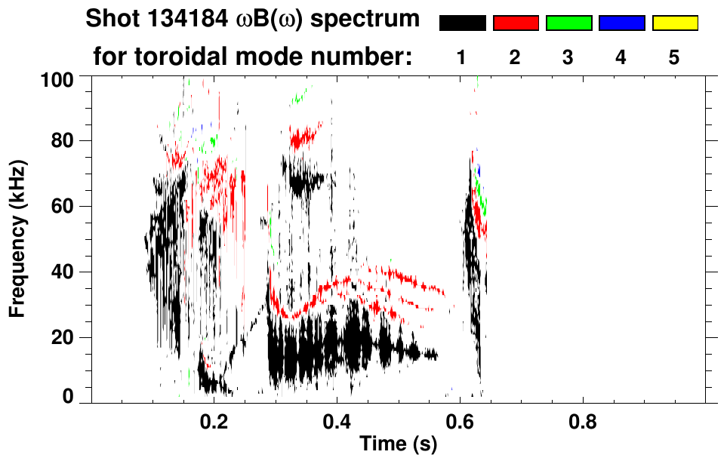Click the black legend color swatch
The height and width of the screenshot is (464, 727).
(x=462, y=23)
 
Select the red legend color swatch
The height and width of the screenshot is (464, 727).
(x=516, y=23)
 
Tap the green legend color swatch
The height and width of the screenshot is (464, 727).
(x=568, y=23)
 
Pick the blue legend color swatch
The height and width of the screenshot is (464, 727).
(x=621, y=23)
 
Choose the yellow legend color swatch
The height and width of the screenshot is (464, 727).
(x=674, y=23)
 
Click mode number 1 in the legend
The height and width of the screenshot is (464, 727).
(x=462, y=57)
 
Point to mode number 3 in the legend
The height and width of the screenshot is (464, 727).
(x=568, y=57)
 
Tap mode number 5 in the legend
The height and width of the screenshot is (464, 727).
(x=674, y=57)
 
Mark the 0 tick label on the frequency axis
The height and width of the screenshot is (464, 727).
(x=66, y=396)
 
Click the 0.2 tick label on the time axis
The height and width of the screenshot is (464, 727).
(x=214, y=420)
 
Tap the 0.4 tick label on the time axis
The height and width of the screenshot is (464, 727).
(x=337, y=420)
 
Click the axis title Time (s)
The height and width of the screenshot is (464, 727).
(x=398, y=445)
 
